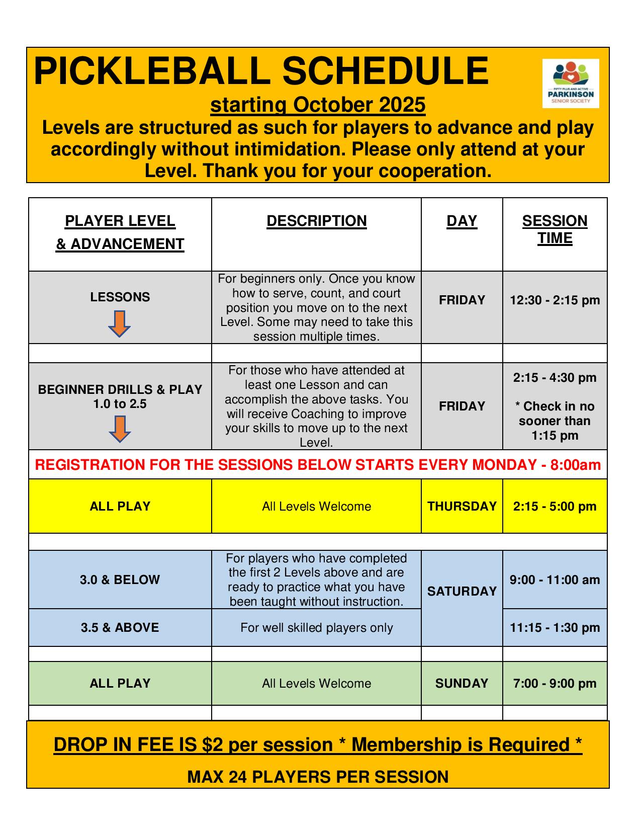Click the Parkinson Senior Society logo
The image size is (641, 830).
(x=571, y=83)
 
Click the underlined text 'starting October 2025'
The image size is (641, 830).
(x=318, y=105)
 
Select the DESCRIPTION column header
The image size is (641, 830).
(x=316, y=221)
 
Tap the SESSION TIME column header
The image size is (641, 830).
(x=555, y=229)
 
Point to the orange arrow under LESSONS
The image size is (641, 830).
(x=120, y=323)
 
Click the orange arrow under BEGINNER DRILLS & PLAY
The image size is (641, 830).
(x=120, y=429)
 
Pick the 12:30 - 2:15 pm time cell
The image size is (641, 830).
(x=555, y=300)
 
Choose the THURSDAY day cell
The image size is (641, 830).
(x=462, y=506)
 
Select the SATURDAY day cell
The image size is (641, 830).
(x=462, y=591)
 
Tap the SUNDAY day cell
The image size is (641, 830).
(x=462, y=683)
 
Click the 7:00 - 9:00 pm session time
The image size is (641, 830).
(x=555, y=683)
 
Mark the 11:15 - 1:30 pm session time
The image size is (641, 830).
(x=555, y=627)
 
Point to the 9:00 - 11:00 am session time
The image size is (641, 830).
(x=555, y=579)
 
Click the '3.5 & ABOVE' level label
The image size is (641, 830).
(x=120, y=627)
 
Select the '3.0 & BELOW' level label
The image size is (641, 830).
(x=120, y=579)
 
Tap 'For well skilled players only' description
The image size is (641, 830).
(x=316, y=627)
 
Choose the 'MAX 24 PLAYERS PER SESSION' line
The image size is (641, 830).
(x=318, y=777)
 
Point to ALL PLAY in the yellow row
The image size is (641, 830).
(x=120, y=506)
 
